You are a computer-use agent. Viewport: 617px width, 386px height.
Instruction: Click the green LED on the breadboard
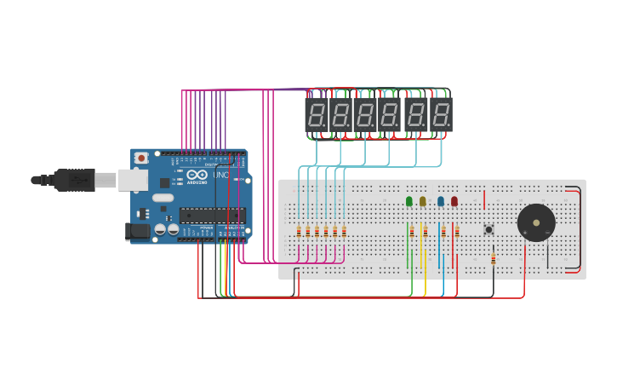click(409, 201)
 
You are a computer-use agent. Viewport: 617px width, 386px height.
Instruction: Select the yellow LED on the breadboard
click(423, 201)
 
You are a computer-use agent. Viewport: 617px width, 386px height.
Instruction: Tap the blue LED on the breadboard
click(441, 201)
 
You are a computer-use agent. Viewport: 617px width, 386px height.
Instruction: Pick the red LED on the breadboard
click(454, 201)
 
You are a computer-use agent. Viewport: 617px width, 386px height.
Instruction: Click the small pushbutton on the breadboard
click(488, 229)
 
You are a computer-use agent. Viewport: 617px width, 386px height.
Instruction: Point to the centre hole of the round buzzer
click(536, 222)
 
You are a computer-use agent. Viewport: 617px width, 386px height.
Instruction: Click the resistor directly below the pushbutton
click(493, 258)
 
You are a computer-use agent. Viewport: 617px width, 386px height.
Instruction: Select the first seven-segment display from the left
click(317, 114)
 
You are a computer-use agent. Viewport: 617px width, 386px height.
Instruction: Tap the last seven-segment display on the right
click(441, 114)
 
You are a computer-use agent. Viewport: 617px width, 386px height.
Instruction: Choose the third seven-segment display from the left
click(366, 114)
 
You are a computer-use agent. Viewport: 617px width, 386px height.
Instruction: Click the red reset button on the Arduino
click(141, 158)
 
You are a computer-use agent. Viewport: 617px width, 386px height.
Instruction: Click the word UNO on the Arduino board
click(220, 175)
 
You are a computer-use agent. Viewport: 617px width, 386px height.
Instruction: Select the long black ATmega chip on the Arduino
click(212, 215)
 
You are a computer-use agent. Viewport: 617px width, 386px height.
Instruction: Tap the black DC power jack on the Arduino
click(137, 231)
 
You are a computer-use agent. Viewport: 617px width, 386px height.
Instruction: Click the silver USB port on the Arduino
click(132, 180)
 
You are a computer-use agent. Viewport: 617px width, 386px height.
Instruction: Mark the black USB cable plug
click(74, 180)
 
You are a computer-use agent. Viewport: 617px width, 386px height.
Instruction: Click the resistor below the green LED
click(412, 231)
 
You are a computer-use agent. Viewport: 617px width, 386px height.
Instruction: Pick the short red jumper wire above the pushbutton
click(484, 200)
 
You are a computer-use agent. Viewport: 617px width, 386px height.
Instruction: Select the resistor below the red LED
click(457, 231)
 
